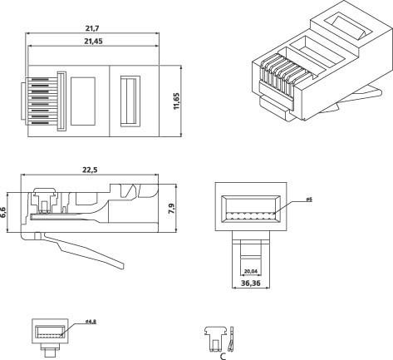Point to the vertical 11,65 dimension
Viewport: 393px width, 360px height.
click(188, 105)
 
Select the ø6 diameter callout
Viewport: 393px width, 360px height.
click(307, 200)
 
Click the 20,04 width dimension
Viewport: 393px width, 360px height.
click(251, 270)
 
